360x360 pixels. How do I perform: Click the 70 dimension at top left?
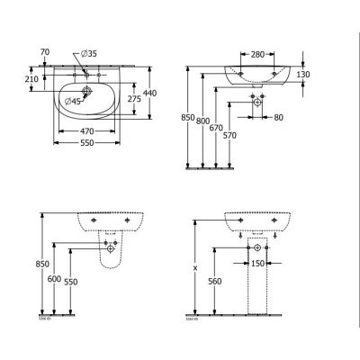click(x=47, y=53)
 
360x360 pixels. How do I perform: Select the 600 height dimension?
click(x=55, y=280)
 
